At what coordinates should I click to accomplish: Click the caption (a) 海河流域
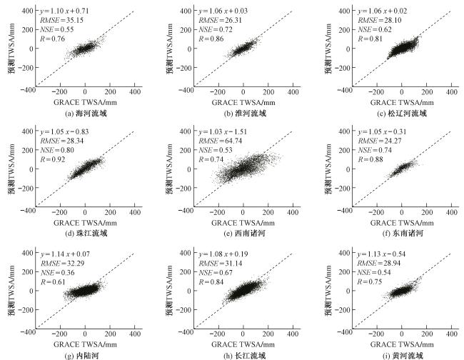85,113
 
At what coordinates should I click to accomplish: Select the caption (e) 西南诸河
243,234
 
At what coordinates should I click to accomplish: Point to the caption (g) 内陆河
85,355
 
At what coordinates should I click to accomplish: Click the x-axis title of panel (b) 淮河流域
243,102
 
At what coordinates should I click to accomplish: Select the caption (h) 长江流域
243,355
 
